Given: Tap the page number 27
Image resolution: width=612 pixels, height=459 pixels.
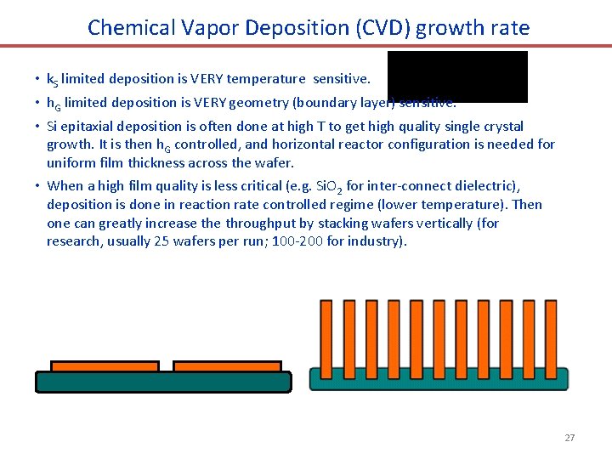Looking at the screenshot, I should pyautogui.click(x=569, y=438).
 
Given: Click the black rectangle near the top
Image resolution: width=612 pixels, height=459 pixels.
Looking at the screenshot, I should pyautogui.click(x=457, y=76).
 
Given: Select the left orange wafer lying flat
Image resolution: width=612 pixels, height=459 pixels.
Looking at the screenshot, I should pyautogui.click(x=105, y=366).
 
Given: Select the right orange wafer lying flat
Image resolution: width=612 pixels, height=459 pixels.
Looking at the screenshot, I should pyautogui.click(x=227, y=366).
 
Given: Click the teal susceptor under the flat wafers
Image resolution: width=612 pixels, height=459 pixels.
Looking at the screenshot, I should pyautogui.click(x=162, y=382).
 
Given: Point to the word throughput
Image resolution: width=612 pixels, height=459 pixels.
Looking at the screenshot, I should pyautogui.click(x=257, y=224).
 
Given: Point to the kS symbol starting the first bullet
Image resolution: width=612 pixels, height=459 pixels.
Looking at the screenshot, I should pyautogui.click(x=52, y=80).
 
